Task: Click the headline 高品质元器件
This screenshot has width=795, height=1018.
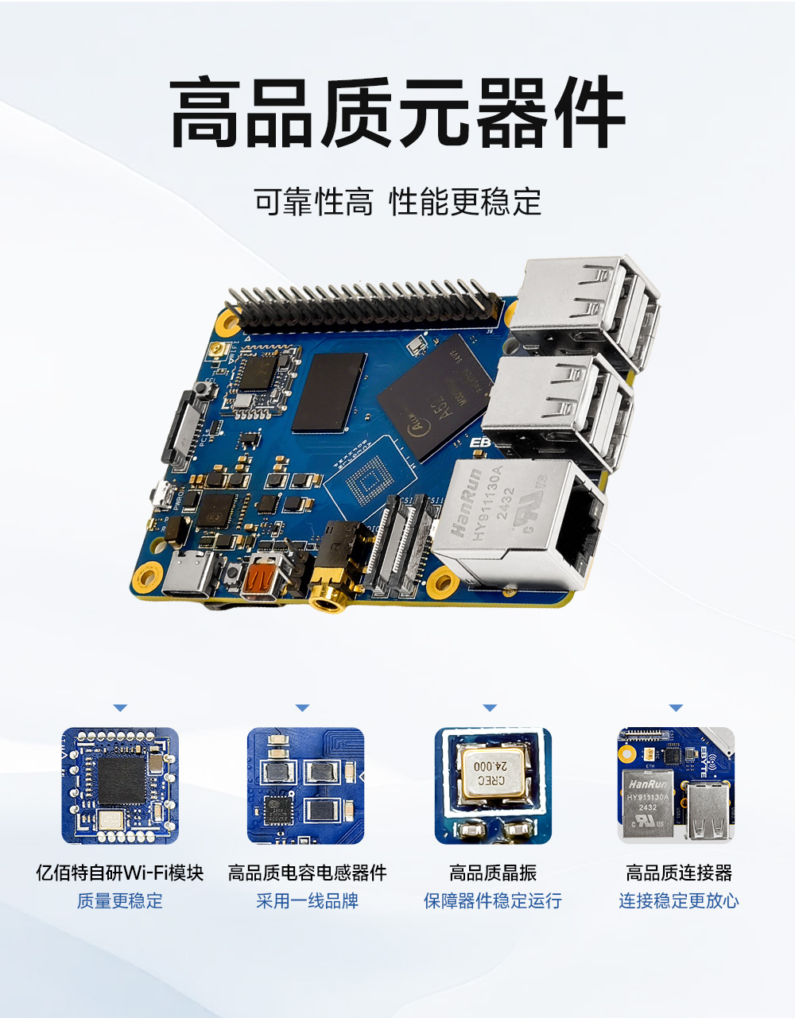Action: pos(397,113)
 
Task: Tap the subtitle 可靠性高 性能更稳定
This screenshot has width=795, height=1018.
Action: pos(397,203)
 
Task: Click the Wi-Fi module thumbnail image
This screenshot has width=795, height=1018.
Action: pos(120,785)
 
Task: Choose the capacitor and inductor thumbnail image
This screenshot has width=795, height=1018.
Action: pos(306,785)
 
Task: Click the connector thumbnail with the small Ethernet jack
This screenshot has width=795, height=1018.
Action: pos(677,785)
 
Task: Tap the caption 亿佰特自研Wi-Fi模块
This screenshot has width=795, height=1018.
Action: pos(120,873)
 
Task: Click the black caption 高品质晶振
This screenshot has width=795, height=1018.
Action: pos(493,873)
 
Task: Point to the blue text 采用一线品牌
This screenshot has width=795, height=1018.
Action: pos(307,901)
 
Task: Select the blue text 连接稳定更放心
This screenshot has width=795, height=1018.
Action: pos(679,901)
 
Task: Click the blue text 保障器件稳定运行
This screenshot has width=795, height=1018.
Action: pos(493,901)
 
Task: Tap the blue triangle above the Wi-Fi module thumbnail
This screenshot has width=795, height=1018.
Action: pos(120,707)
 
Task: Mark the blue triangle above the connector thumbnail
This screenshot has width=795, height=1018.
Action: pos(676,707)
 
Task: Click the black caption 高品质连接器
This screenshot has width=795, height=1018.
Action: pos(679,873)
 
